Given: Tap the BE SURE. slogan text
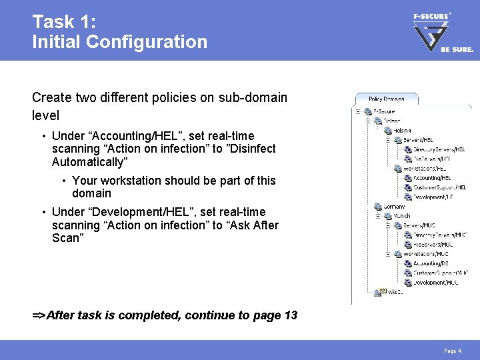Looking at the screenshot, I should pos(457,49).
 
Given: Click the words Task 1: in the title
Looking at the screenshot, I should pos(63,21).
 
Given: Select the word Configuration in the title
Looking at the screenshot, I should pos(153,42).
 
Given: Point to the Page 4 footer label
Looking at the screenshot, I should pos(452,351).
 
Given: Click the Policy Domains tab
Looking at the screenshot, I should pos(386,99).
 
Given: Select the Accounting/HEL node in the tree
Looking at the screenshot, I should pos(431,178).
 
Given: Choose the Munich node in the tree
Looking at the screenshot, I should pos(400,216).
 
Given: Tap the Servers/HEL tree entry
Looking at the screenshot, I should pos(417,140).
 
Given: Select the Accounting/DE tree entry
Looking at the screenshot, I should pos(431,263).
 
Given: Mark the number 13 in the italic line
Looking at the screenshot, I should pos(290,315).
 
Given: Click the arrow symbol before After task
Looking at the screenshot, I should pos(39,315).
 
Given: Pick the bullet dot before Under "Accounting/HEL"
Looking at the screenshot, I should pos(43,136).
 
